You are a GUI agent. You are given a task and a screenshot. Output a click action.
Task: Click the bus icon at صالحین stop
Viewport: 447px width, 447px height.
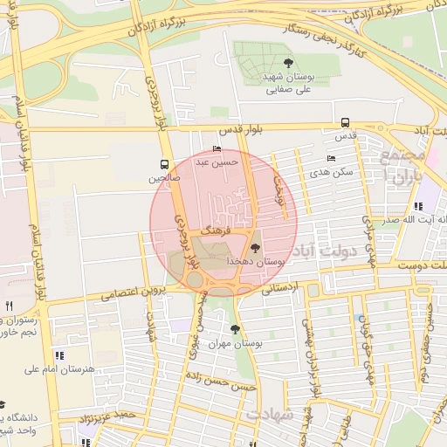164,164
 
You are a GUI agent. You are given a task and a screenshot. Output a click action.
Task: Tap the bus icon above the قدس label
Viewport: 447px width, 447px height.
345,123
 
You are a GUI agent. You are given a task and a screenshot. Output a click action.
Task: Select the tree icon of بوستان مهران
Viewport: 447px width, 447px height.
235,329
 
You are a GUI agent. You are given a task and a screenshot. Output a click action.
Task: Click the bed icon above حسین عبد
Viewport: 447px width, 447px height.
217,149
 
